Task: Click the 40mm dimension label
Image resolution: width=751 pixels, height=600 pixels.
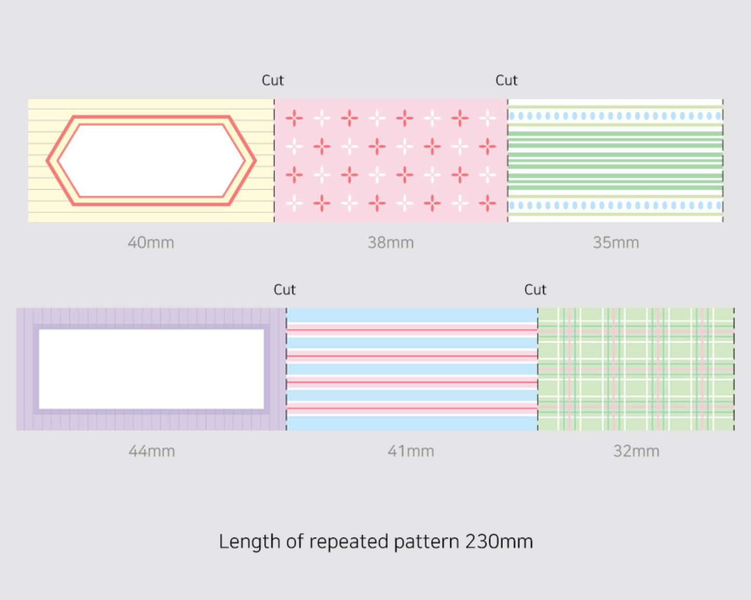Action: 151,242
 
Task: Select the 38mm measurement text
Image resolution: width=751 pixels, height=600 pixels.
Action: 390,242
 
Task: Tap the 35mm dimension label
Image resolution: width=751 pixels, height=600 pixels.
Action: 616,242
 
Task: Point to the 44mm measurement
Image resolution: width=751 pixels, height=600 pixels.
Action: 151,451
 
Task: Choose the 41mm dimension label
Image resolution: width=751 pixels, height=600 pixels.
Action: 411,451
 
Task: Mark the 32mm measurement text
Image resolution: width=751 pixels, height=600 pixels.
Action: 636,451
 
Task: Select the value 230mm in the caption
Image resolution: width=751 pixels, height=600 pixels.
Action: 499,541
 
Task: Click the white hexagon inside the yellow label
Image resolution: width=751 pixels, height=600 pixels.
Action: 151,160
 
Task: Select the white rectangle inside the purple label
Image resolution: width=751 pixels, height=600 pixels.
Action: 151,369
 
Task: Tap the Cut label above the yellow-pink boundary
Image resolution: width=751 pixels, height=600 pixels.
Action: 272,80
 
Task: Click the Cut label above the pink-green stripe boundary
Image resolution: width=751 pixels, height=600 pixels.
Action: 506,80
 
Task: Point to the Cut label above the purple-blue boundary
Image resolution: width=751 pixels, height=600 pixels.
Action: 284,290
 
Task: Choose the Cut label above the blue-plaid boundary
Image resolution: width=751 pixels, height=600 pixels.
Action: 535,290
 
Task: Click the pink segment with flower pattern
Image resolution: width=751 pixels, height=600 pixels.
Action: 391,160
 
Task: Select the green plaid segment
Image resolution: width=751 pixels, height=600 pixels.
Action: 636,369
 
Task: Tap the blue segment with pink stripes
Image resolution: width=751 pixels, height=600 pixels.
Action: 412,369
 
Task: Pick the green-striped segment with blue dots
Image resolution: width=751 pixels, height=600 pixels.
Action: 615,160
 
